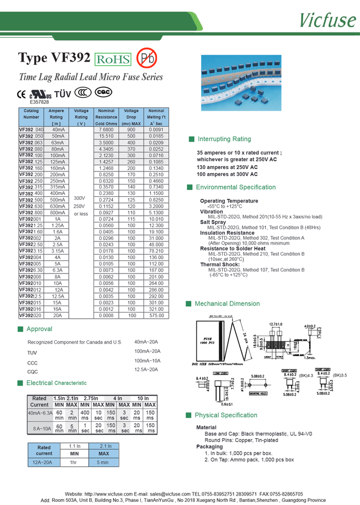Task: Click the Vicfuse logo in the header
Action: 328,19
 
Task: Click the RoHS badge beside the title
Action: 112,59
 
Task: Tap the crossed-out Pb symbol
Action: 146,58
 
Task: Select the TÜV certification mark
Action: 63,94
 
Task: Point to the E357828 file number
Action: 39,102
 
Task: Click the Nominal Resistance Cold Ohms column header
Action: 106,117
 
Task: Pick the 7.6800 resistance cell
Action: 106,129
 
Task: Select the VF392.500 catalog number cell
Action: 32,200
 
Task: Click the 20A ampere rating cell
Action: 57,316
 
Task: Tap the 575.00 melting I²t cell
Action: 156,316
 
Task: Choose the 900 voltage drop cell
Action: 131,129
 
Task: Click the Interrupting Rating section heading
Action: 224,139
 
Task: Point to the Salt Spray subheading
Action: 213,222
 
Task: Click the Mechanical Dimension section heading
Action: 227,304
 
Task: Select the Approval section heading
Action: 39,329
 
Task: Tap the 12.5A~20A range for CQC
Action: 146,370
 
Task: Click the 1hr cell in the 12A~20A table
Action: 75,462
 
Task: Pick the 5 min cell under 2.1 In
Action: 104,462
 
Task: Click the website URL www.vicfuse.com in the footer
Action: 108,494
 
